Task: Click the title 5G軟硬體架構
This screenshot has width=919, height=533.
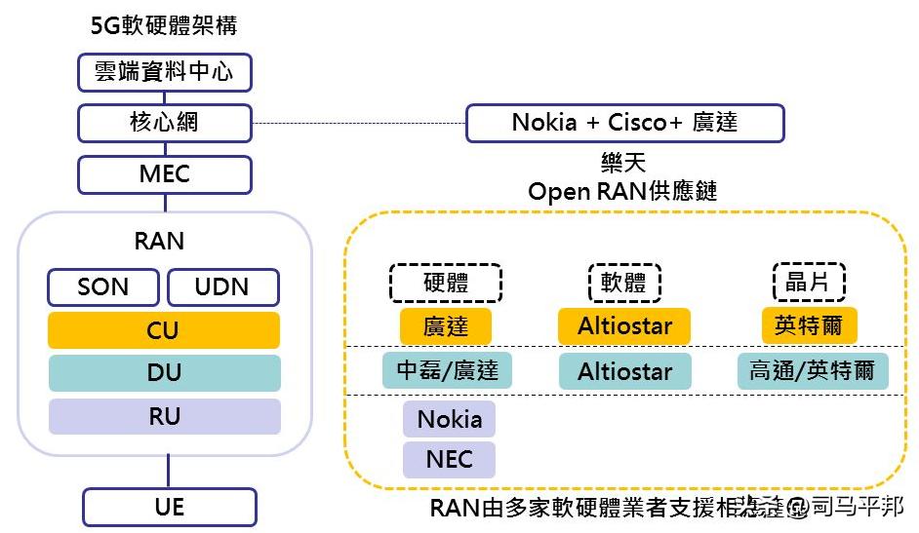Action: click(x=164, y=25)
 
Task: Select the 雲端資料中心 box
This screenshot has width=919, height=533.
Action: click(x=164, y=72)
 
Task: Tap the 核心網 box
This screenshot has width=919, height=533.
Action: click(x=164, y=123)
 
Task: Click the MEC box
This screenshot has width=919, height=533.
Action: click(x=164, y=174)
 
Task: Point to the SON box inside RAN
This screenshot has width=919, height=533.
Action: click(x=103, y=287)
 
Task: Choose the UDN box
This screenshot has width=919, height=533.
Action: click(x=222, y=287)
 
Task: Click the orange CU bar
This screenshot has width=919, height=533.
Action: click(x=164, y=330)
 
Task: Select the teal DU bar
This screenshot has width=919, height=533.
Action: click(x=164, y=373)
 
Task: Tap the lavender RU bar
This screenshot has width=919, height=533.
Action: click(x=164, y=416)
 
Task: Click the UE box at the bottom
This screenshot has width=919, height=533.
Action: click(x=169, y=507)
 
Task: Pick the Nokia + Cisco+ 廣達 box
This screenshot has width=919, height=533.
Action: click(x=624, y=123)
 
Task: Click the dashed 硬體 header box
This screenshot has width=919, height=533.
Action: click(x=446, y=283)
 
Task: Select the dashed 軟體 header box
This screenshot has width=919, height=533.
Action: click(x=624, y=283)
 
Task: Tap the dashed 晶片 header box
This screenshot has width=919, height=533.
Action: click(x=809, y=282)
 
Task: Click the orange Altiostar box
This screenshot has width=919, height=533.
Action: click(x=624, y=325)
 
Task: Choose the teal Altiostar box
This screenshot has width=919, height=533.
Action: click(x=624, y=371)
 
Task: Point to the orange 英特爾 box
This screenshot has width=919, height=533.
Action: click(x=809, y=324)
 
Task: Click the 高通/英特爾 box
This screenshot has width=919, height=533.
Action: click(x=813, y=371)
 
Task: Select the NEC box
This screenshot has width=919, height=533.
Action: click(x=449, y=459)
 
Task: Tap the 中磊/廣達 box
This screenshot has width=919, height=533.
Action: click(x=447, y=370)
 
